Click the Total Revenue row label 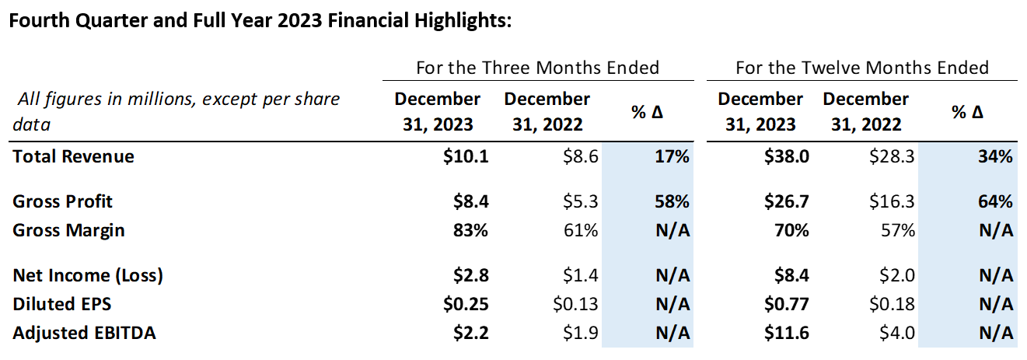click(73, 156)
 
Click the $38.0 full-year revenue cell click(788, 156)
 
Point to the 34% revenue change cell click(995, 156)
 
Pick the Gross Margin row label click(68, 230)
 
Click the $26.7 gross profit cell click(788, 201)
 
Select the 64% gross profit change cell click(995, 201)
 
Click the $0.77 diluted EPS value click(788, 304)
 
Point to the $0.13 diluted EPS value click(576, 304)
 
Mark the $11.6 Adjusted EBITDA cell click(788, 333)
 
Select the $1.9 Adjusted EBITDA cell click(581, 333)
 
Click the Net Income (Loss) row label click(88, 275)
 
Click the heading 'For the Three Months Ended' click(537, 68)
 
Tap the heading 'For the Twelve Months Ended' click(862, 68)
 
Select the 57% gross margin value click(898, 230)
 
